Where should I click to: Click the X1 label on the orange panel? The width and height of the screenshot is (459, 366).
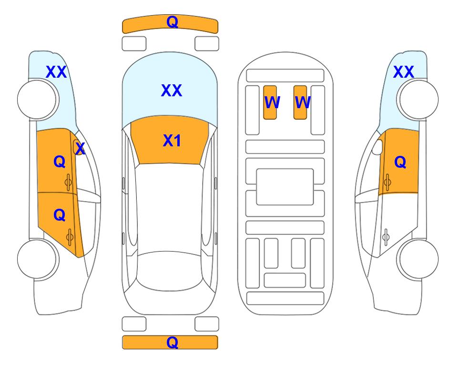[x=172, y=141]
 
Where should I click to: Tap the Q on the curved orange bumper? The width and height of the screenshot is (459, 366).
[x=172, y=21]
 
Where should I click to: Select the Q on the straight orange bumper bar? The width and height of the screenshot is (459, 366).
[x=172, y=342]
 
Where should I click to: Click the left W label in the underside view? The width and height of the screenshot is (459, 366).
[x=272, y=102]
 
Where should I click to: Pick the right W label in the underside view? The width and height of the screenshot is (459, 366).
[x=302, y=102]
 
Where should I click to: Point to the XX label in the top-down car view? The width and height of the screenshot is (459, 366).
[x=172, y=91]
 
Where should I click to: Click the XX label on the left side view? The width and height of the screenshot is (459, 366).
[x=56, y=72]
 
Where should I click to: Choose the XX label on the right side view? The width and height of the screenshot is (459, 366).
[x=403, y=72]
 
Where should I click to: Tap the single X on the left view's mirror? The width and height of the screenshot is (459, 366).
[x=80, y=148]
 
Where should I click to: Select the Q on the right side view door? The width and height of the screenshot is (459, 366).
[x=400, y=162]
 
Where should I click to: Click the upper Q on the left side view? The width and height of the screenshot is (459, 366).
[x=60, y=162]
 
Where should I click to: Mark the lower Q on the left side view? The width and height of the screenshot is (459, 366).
[x=60, y=215]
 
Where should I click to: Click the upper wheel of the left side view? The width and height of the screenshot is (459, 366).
[x=38, y=100]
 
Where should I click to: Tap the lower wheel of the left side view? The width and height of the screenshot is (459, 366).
[x=38, y=259]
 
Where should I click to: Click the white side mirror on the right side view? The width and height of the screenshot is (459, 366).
[x=377, y=147]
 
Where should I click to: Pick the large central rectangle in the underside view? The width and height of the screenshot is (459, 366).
[x=285, y=187]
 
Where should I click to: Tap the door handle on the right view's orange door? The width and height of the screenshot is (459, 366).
[x=388, y=182]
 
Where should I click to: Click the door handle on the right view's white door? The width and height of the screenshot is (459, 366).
[x=386, y=237]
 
